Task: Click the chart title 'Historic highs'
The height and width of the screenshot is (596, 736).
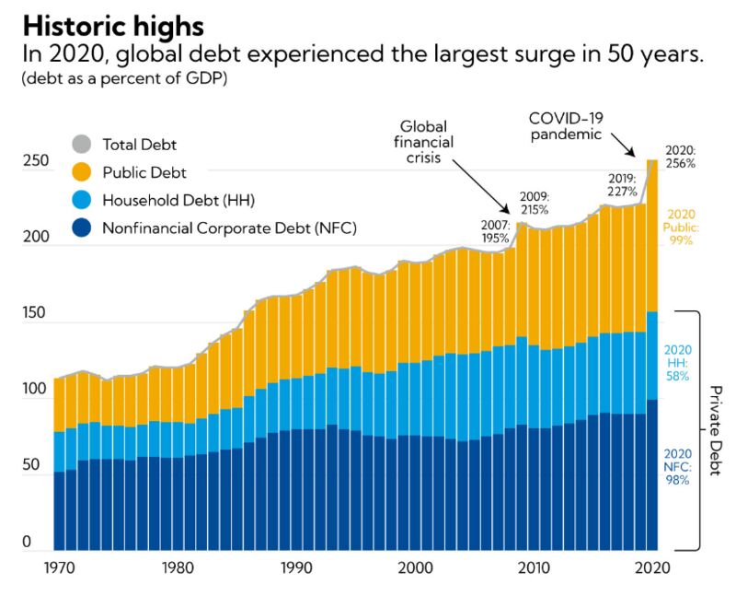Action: click(114, 23)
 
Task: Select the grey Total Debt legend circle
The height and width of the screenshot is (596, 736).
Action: click(82, 145)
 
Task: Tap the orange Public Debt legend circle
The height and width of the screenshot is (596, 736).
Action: click(82, 172)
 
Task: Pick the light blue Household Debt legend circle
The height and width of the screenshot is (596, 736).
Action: click(82, 200)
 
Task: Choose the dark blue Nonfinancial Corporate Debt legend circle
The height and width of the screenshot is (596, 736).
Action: click(82, 228)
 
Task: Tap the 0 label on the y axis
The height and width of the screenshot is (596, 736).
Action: click(28, 543)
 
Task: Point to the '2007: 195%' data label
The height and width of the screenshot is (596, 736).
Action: click(496, 231)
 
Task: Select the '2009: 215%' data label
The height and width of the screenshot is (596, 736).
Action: click(534, 203)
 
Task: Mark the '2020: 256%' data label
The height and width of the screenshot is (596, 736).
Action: click(681, 156)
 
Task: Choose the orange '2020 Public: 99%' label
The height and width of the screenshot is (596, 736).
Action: click(681, 228)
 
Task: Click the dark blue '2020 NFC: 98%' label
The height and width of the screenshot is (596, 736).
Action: click(677, 466)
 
